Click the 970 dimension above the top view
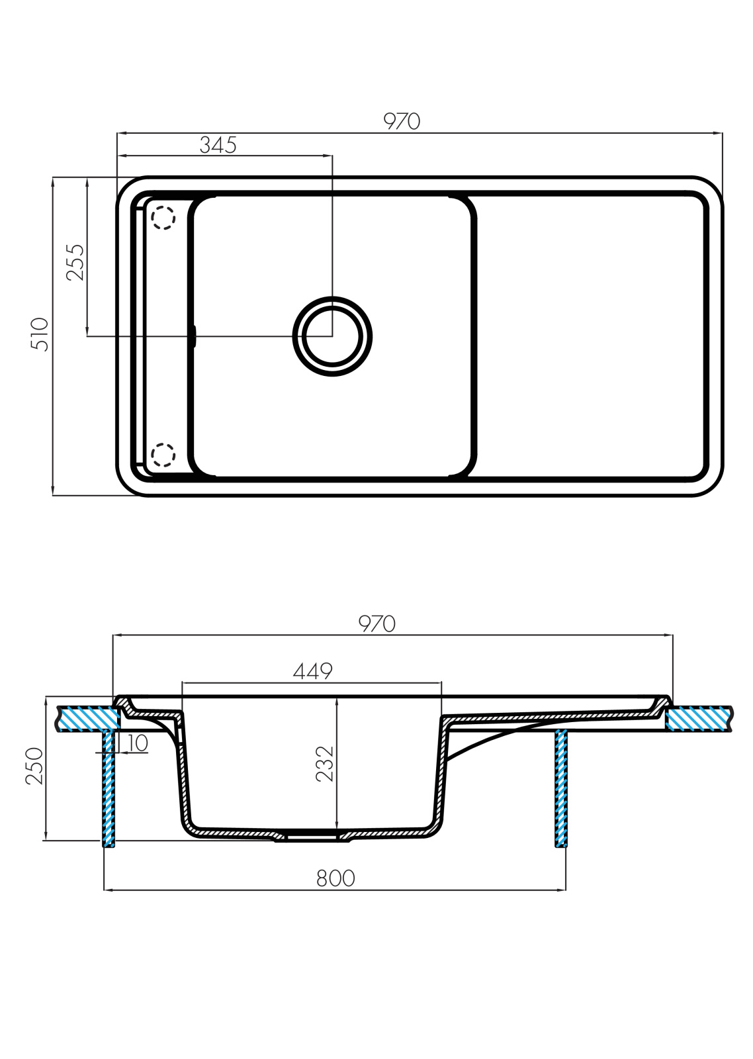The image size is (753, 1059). coord(402,122)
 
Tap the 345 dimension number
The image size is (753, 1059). coord(218,145)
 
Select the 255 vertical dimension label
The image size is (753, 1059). coord(75,262)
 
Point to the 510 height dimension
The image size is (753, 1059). coord(40,334)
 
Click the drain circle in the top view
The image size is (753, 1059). coord(332,336)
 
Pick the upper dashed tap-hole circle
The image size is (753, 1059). coord(163,218)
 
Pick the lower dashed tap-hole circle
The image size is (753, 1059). coord(163,455)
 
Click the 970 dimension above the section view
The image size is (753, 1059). coord(377,624)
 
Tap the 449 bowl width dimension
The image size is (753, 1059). coord(312,671)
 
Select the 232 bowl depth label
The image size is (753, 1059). coord(325,764)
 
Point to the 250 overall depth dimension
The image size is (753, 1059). coord(34,766)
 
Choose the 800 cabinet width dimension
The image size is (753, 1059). coord(335,878)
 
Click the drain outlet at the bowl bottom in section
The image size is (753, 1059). coord(312,836)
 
